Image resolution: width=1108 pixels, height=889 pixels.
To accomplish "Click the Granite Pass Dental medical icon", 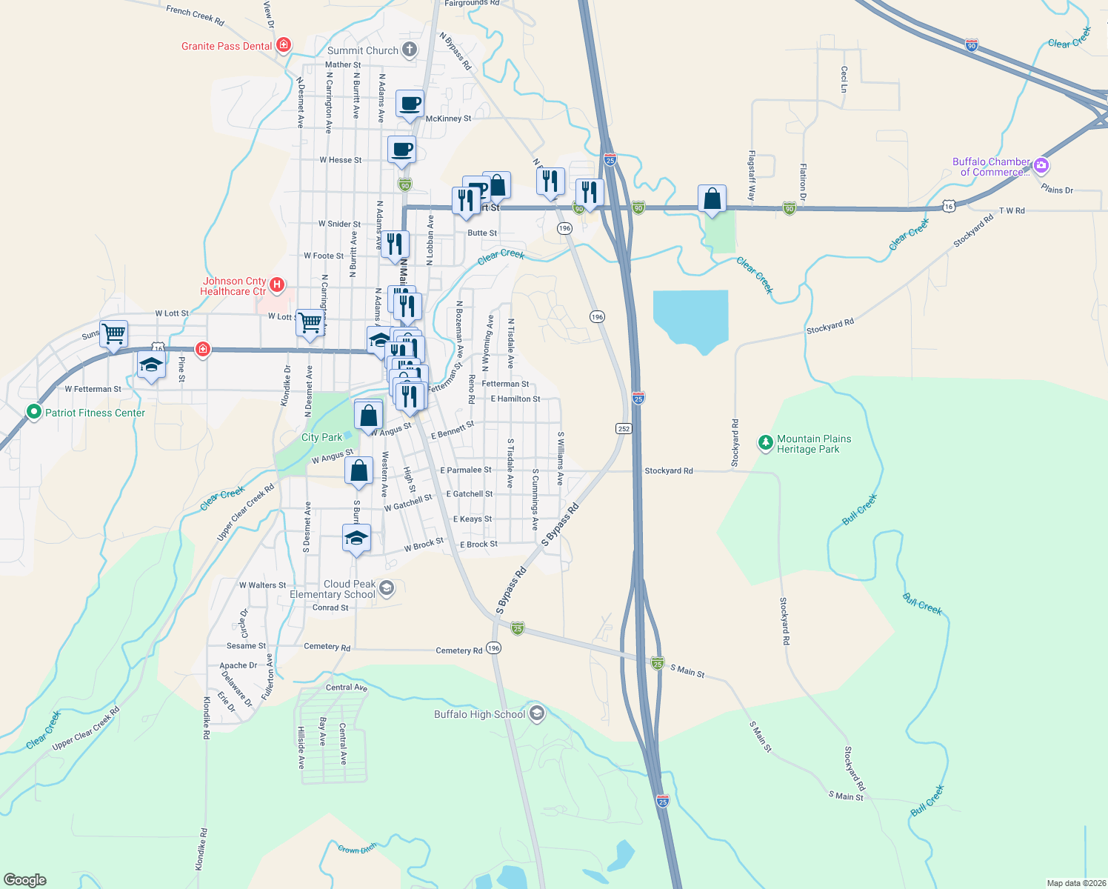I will [283, 45].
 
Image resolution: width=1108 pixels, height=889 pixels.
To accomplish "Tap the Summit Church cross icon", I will [409, 50].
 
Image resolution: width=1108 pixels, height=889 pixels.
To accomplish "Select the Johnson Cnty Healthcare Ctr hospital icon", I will [277, 284].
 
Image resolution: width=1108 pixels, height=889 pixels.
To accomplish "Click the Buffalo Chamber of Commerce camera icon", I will [1041, 165].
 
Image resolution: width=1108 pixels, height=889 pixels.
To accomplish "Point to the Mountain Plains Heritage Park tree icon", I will [765, 443].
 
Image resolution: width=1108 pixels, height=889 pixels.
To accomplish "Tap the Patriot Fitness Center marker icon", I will [33, 412].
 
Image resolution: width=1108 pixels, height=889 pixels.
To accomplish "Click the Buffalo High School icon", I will [537, 713].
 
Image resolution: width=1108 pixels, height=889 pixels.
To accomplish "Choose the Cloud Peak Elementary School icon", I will [386, 589].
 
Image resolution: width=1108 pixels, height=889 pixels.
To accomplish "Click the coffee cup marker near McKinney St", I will [410, 104].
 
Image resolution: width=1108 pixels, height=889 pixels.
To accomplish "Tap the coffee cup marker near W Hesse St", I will [401, 150].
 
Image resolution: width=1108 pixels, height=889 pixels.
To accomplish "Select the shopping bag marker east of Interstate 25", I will [712, 199].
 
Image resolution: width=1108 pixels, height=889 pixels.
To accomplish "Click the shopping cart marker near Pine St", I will [114, 333].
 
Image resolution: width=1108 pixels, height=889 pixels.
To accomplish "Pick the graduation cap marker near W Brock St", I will [356, 539].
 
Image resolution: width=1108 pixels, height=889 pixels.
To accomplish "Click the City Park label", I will [321, 437].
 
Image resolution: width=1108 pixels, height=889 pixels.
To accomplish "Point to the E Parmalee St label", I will [465, 470].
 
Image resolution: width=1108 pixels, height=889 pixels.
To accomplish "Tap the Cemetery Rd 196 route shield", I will [494, 648].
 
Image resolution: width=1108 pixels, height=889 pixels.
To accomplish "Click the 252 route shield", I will [624, 428].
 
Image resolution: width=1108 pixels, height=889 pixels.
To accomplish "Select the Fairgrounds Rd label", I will [471, 4].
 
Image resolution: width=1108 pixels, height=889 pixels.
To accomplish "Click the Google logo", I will [24, 880].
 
